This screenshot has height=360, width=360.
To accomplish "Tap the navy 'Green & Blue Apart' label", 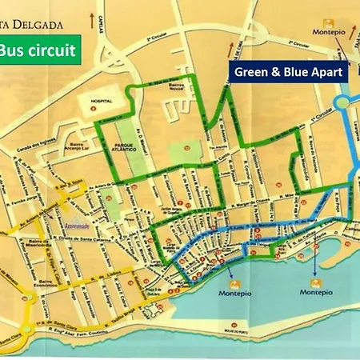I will pos(288,71).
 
